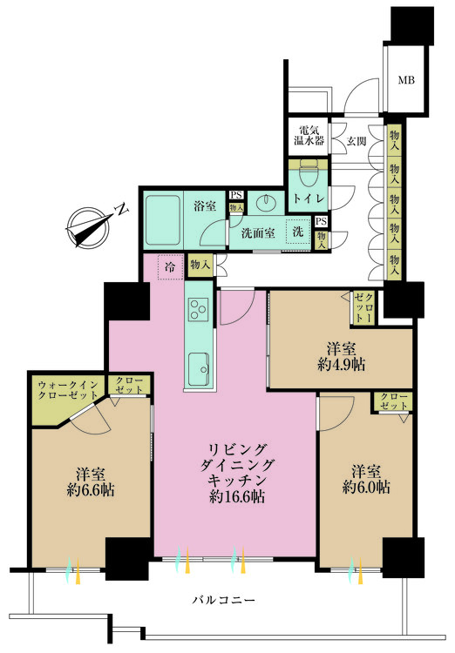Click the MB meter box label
[x=406, y=80]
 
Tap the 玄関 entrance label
[x=357, y=141]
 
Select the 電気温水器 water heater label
[x=309, y=135]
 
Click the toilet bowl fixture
[x=309, y=174]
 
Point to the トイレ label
[x=309, y=199]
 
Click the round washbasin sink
[x=265, y=203]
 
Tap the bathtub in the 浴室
[x=162, y=219]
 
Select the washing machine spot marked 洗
[x=298, y=231]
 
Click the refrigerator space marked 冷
[x=170, y=266]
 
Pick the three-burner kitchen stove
[x=198, y=309]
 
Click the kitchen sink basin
[x=199, y=369]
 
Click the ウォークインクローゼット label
[x=68, y=390]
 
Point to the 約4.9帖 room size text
[x=341, y=365]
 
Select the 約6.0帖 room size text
[x=366, y=487]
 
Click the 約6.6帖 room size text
[x=91, y=489]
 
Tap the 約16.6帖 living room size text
[x=236, y=496]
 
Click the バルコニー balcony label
[x=223, y=600]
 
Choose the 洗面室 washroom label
[x=258, y=233]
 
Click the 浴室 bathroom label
[x=205, y=205]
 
